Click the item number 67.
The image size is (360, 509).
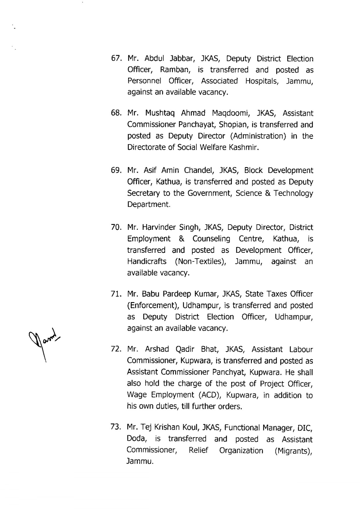[x=116, y=59]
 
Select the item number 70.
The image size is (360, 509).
[x=116, y=228]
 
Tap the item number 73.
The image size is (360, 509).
[x=116, y=428]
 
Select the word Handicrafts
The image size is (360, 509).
[x=147, y=262]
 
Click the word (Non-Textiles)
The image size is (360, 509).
[x=200, y=262]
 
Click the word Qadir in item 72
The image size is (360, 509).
[x=185, y=349]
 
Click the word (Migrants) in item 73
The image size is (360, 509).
[x=293, y=451]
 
